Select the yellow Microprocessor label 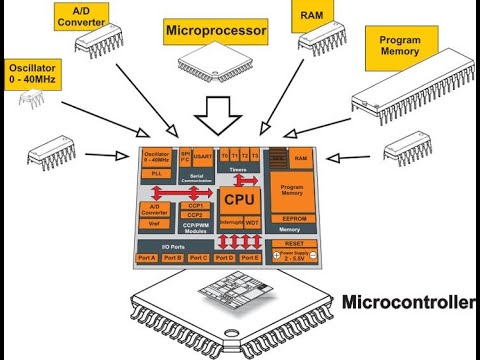216,32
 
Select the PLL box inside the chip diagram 156,174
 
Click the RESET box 294,243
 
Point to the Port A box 148,258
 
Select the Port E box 250,258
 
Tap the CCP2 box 196,215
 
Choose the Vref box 156,225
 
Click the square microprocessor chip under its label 216,63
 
